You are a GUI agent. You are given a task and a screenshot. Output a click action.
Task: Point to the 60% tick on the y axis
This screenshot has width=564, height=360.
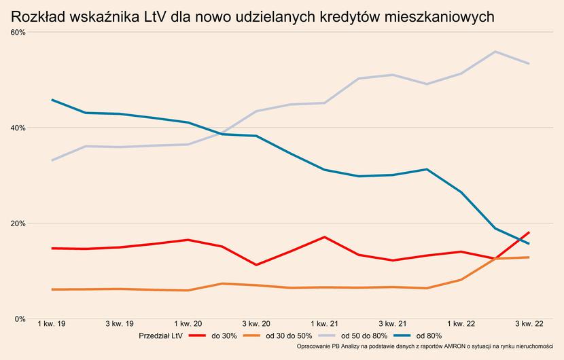(x=18, y=33)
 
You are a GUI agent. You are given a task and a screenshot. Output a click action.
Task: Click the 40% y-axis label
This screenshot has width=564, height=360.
(x=18, y=128)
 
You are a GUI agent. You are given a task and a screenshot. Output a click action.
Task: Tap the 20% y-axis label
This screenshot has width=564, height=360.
(x=18, y=223)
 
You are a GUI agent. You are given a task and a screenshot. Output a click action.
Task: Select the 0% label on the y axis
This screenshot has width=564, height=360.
(x=20, y=319)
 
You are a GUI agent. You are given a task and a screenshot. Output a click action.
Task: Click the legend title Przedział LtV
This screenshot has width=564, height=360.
(x=160, y=336)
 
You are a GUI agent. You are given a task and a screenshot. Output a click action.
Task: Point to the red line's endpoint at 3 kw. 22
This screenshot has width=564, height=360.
(x=529, y=232)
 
